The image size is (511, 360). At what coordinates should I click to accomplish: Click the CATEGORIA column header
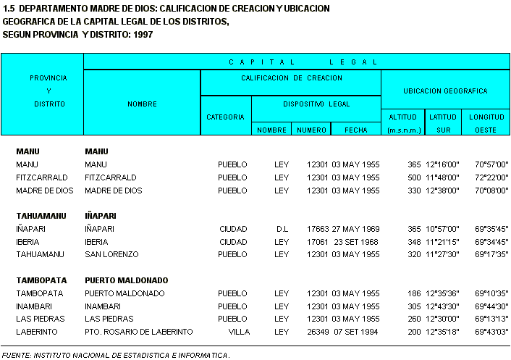(226, 116)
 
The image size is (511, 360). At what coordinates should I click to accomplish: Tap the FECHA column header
(355, 130)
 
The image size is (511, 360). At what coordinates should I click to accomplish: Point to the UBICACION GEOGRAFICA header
(445, 91)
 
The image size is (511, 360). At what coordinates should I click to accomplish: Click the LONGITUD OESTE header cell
(486, 122)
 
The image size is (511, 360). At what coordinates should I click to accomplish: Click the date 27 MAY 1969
(355, 229)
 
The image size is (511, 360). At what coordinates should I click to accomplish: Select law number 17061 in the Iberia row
(318, 242)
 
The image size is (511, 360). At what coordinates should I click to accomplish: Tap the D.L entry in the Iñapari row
(282, 229)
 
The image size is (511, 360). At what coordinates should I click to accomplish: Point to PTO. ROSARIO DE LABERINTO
(139, 332)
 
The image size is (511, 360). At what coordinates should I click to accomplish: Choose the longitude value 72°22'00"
(491, 177)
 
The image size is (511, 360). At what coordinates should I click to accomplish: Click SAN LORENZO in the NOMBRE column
(111, 255)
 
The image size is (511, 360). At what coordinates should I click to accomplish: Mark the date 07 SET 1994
(355, 332)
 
